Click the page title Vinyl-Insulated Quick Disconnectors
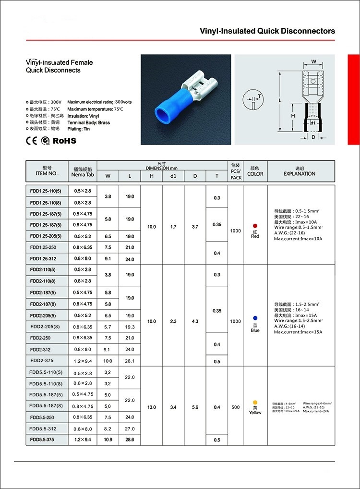tap(267, 31)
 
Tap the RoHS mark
tap(64, 141)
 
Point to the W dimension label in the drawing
tap(313, 61)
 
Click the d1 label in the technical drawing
tap(313, 122)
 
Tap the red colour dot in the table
tap(255, 225)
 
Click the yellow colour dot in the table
tap(255, 402)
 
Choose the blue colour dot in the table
tap(255, 318)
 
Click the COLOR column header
tap(255, 171)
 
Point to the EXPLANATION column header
tap(300, 171)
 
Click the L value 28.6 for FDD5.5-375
tap(130, 440)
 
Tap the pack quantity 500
tap(235, 407)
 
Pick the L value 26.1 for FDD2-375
tap(130, 361)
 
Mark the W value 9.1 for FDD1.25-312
tap(108, 259)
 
